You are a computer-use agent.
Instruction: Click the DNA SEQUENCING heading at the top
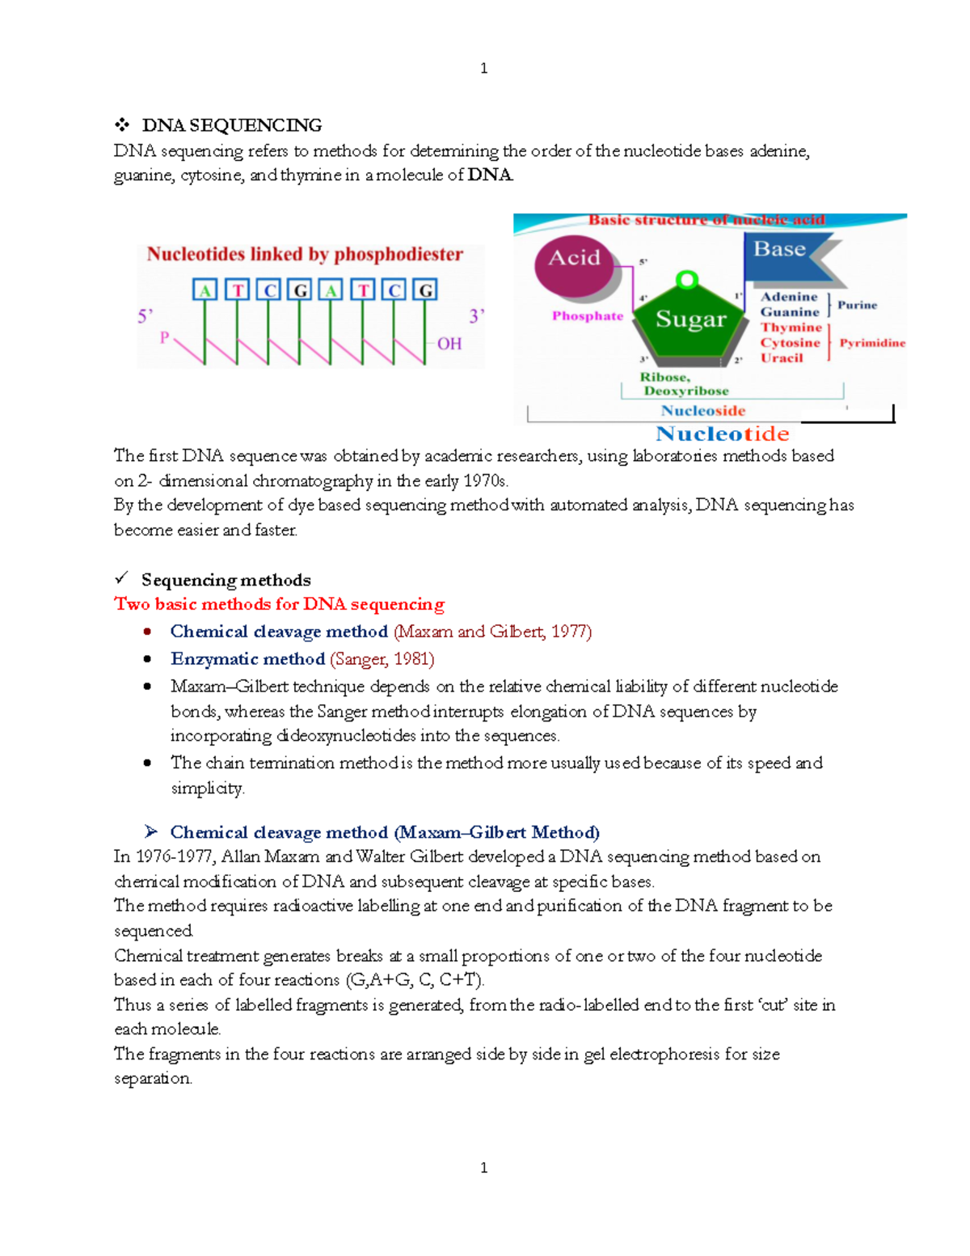(231, 125)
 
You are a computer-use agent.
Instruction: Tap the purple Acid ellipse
(575, 264)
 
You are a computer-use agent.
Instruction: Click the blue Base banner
(780, 250)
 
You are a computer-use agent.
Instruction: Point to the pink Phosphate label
(588, 316)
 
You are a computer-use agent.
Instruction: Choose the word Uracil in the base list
(782, 358)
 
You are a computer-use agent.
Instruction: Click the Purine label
(857, 305)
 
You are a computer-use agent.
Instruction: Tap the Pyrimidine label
(872, 343)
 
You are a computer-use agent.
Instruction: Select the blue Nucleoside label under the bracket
(702, 411)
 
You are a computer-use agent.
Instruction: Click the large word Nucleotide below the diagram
(722, 434)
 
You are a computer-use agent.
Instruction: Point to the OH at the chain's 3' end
(449, 344)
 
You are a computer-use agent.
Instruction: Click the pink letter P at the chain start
(165, 337)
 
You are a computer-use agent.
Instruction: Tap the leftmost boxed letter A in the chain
(205, 290)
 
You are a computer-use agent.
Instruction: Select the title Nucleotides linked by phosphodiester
(305, 255)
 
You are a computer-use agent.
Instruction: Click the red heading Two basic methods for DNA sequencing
(279, 604)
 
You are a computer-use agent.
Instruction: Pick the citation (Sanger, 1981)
(382, 659)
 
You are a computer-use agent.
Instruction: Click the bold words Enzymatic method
(247, 659)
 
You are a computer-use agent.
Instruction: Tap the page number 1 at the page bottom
(483, 1167)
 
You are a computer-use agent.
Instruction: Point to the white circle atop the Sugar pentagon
(687, 280)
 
